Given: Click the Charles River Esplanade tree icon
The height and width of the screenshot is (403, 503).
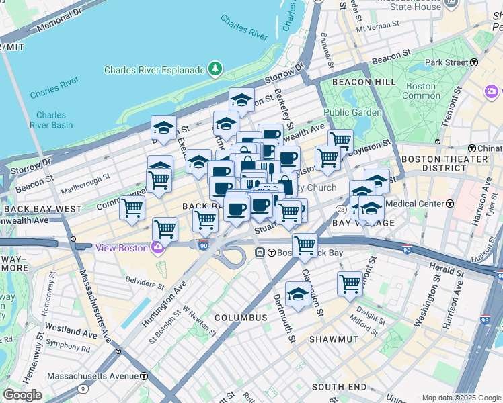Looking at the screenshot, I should (215, 69).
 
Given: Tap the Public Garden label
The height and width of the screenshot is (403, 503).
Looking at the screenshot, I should (347, 112).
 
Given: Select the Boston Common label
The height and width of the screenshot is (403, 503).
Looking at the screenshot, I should (421, 91).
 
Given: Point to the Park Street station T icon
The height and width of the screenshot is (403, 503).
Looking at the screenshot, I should (474, 62).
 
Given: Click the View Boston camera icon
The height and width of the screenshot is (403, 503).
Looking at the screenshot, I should (157, 248).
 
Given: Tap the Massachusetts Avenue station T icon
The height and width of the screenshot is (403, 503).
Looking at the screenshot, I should (144, 375).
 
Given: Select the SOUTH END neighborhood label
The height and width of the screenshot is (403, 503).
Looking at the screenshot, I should (339, 387).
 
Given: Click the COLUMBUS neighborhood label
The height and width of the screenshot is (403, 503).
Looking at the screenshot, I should (241, 317).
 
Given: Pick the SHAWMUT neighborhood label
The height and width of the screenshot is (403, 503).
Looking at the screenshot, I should (337, 339).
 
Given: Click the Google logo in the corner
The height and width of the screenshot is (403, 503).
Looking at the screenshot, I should (22, 394).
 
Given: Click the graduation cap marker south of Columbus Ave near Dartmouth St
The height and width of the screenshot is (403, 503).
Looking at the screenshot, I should (298, 294).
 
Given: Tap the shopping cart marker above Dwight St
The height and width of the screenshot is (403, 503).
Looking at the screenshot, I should (350, 283).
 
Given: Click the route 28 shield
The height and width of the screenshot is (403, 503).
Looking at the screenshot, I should (341, 210).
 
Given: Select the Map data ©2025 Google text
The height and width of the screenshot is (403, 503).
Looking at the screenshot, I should (461, 398).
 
